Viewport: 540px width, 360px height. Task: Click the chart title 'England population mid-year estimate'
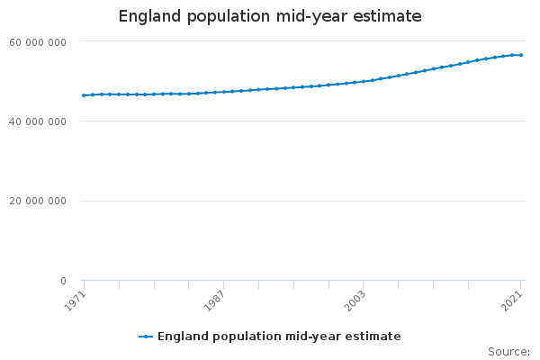270,16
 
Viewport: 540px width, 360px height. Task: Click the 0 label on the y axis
63,281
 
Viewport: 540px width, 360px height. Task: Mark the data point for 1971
84,95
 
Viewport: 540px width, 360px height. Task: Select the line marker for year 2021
521,55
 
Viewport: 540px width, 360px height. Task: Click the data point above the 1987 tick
223,92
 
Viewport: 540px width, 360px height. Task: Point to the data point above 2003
364,81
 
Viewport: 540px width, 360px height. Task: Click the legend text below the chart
279,337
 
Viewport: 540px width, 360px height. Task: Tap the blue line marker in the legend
146,337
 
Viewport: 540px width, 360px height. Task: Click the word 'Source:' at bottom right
508,351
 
